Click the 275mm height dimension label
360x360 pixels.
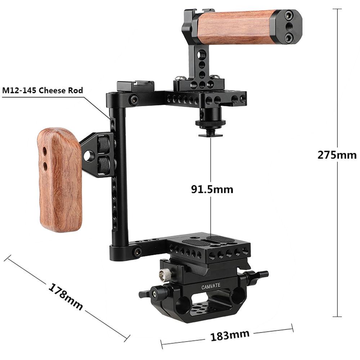pyautogui.click(x=337, y=154)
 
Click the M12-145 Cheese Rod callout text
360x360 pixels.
pyautogui.click(x=42, y=90)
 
